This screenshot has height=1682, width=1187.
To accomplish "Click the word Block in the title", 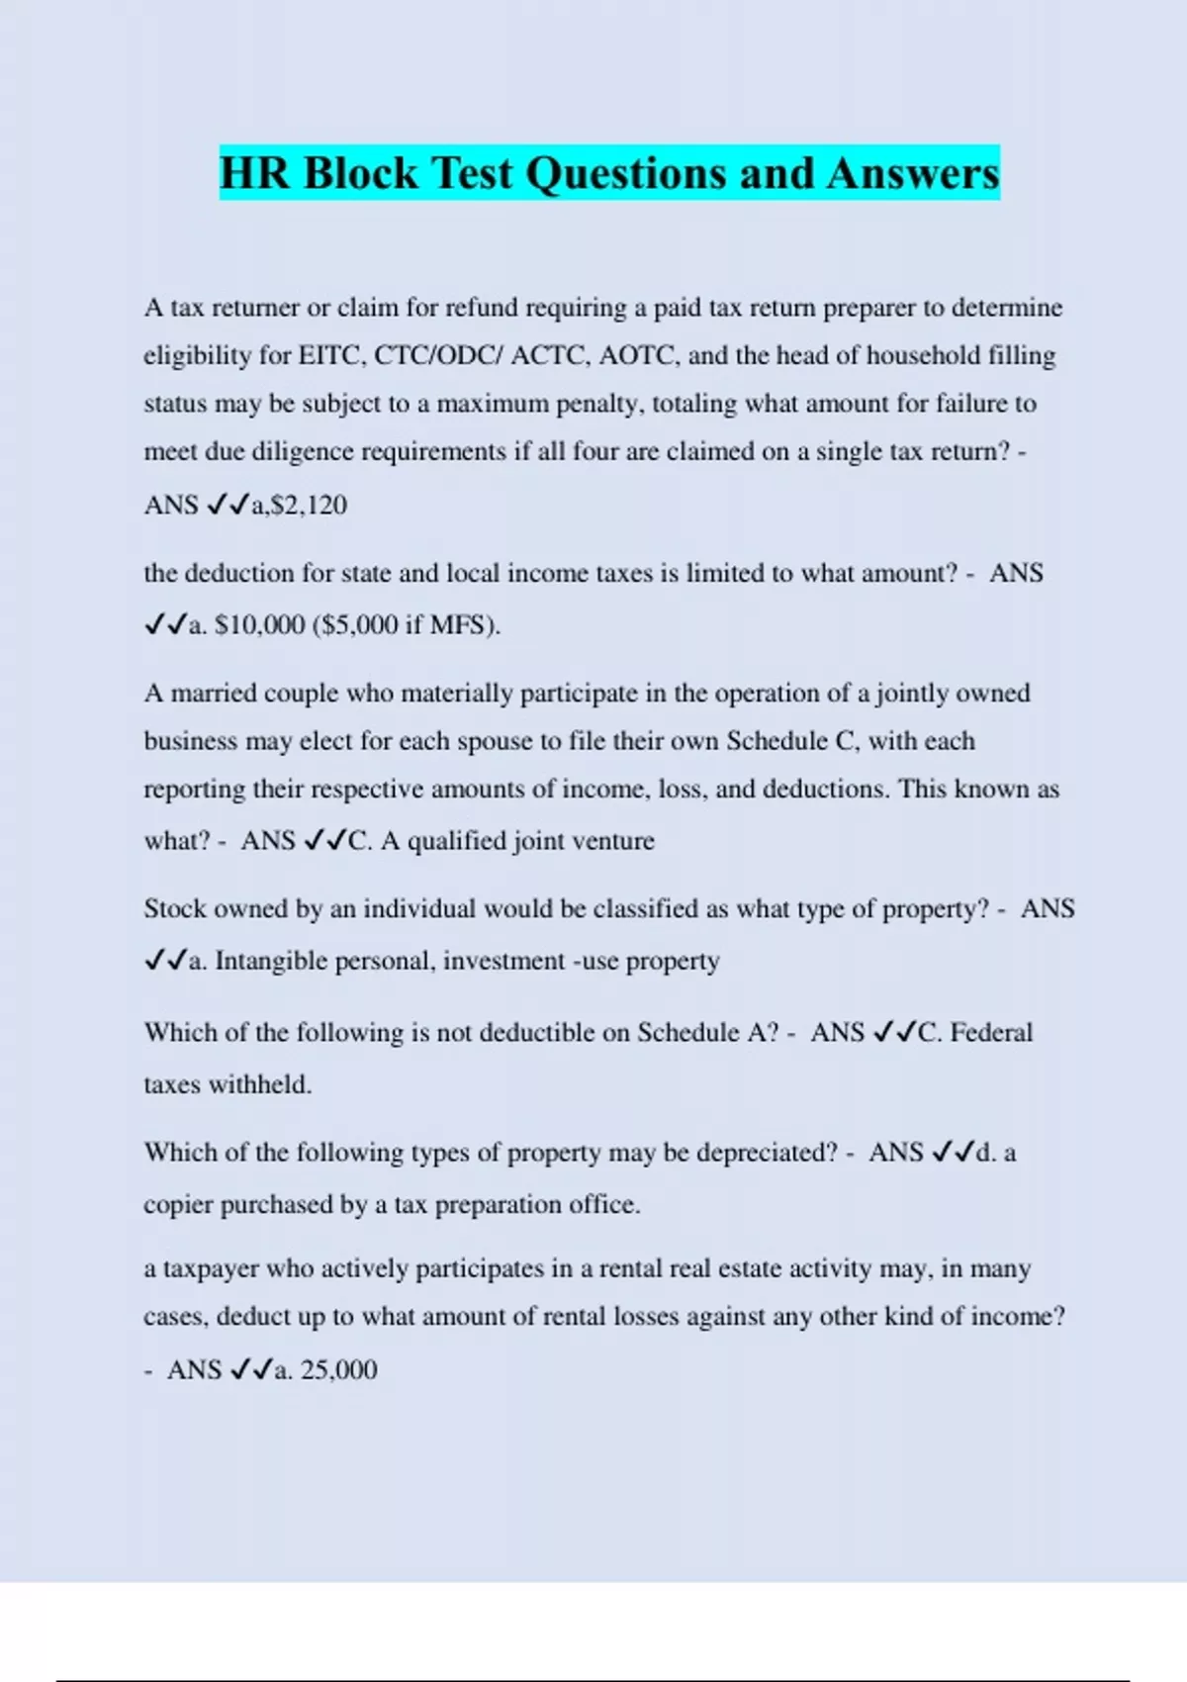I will (x=361, y=173).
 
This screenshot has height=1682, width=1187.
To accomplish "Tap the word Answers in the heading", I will (x=913, y=173).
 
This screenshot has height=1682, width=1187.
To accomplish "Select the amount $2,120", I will (x=310, y=506).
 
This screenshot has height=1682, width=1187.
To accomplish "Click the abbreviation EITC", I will (x=331, y=356).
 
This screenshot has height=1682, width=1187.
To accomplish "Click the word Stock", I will (x=174, y=909).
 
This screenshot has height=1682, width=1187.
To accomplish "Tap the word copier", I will (x=177, y=1205).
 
